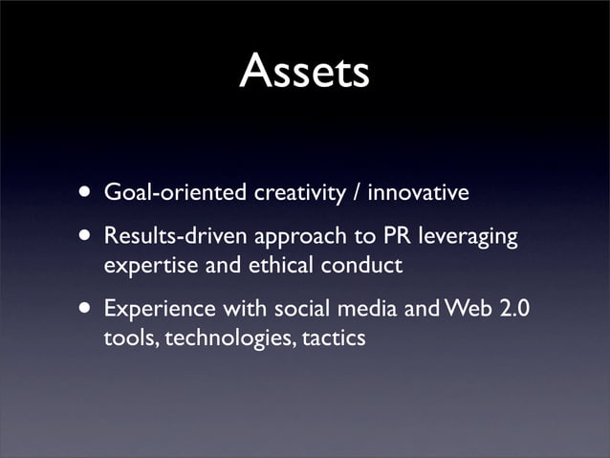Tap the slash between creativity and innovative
[356, 194]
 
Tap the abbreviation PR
[373, 236]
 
